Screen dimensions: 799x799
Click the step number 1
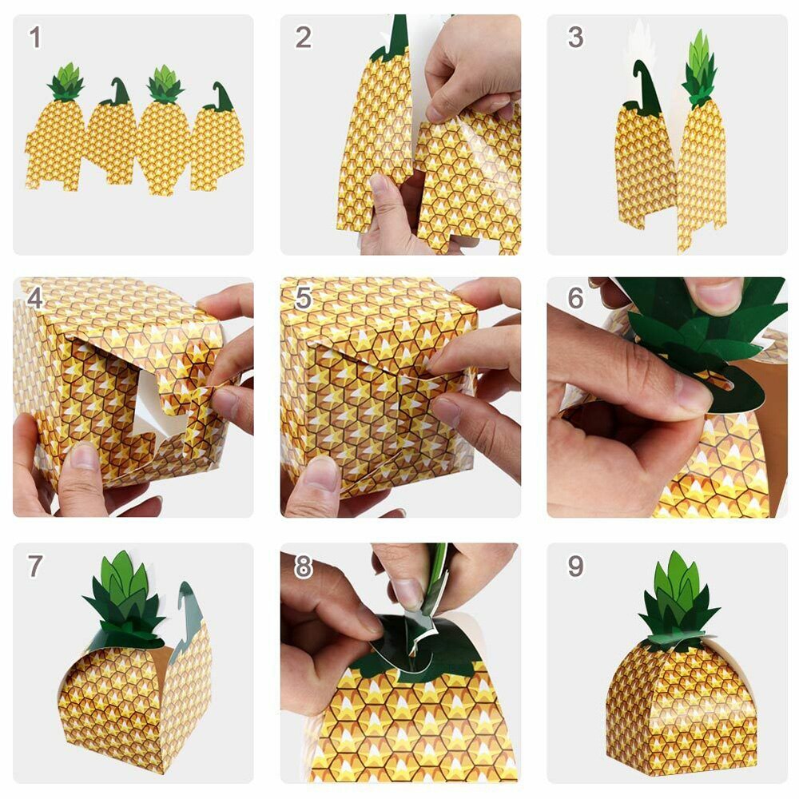pyautogui.click(x=35, y=37)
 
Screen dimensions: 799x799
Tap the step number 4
pyautogui.click(x=35, y=298)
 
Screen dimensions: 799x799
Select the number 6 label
pyautogui.click(x=575, y=298)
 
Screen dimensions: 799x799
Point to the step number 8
pyautogui.click(x=303, y=566)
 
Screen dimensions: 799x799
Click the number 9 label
pyautogui.click(x=575, y=566)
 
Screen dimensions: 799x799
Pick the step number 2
pyautogui.click(x=303, y=37)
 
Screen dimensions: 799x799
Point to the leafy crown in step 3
pyautogui.click(x=700, y=68)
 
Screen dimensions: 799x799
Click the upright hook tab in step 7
pyautogui.click(x=189, y=607)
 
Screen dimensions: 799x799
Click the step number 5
pyautogui.click(x=303, y=298)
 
